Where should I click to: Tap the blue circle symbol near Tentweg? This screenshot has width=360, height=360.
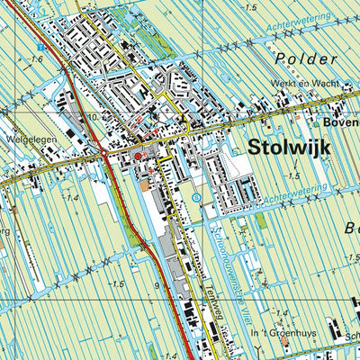point(195,197)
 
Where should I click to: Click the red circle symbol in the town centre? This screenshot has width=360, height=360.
point(138,157)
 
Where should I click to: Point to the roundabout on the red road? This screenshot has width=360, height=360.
point(105,152)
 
